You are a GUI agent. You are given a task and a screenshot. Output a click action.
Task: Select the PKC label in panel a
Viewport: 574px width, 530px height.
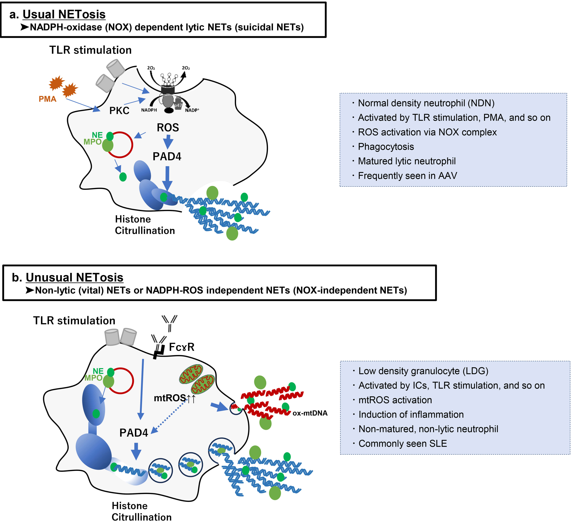point(119,110)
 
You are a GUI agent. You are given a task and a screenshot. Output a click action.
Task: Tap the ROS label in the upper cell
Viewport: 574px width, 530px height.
point(168,128)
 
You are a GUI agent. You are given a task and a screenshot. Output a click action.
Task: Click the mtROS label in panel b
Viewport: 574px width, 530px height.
point(170,398)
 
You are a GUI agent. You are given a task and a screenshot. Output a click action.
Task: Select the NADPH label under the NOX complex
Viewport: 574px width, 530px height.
point(149,110)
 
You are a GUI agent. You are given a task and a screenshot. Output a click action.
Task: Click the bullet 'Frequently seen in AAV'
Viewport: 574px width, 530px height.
point(407,175)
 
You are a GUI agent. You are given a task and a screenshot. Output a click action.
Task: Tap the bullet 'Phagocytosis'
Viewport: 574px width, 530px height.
point(386,147)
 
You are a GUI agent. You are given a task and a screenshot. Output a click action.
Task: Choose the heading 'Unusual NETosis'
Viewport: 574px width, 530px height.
point(75,277)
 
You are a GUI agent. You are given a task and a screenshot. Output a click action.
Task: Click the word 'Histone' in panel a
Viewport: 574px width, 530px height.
point(133,219)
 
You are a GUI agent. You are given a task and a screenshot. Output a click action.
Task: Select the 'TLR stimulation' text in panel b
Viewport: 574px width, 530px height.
point(74,320)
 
